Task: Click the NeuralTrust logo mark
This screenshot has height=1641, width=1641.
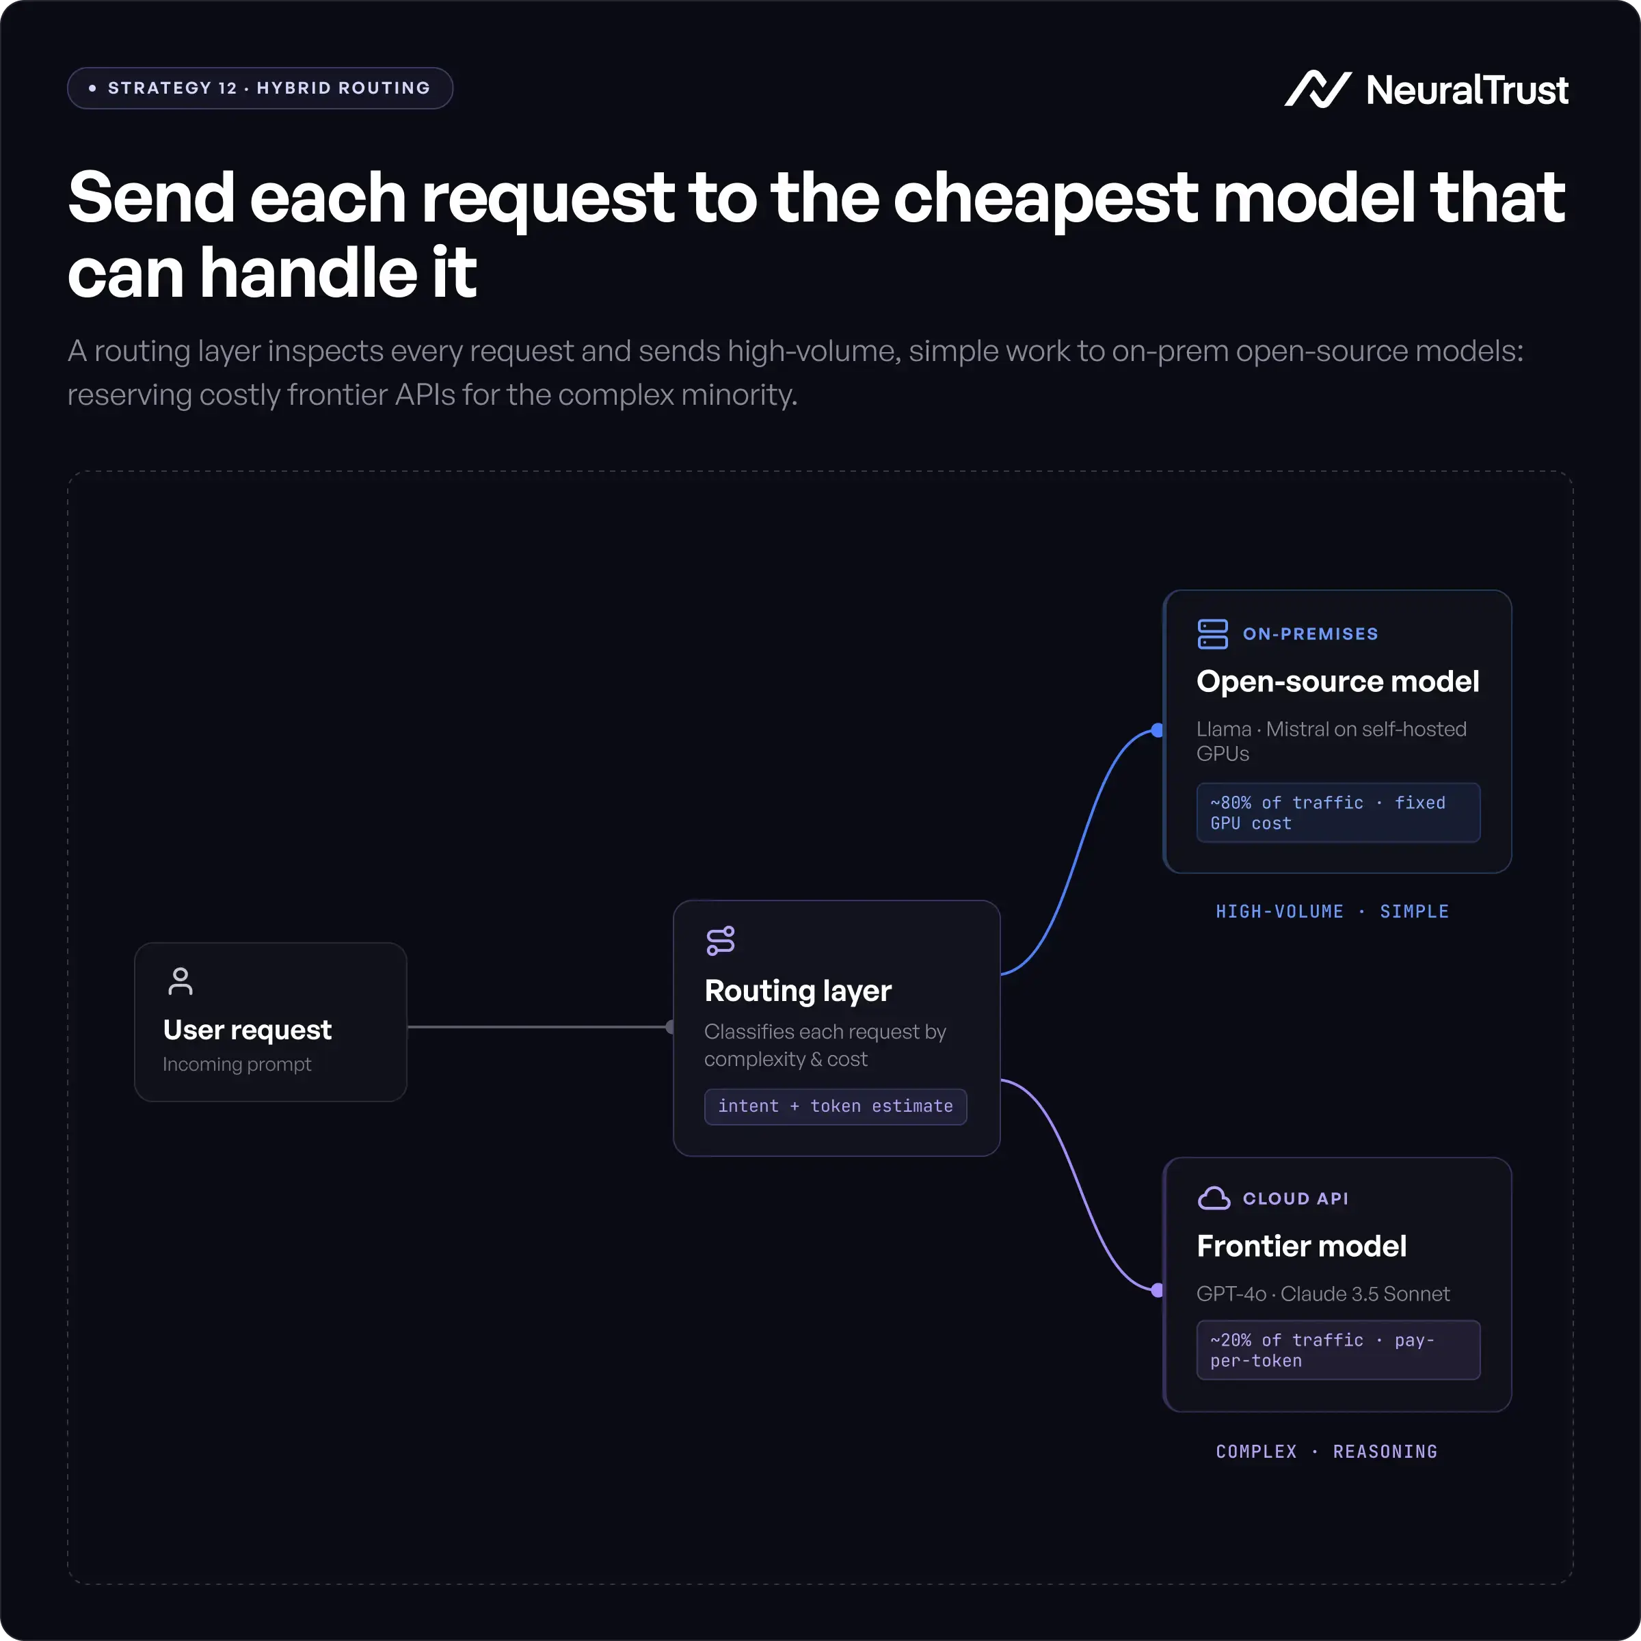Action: pyautogui.click(x=1318, y=89)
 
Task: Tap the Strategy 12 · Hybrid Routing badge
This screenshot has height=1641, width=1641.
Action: pyautogui.click(x=260, y=88)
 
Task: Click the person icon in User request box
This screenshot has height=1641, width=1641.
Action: pyautogui.click(x=180, y=981)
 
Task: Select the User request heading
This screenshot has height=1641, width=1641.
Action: pyautogui.click(x=247, y=1030)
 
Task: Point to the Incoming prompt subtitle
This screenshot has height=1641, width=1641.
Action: pyautogui.click(x=237, y=1065)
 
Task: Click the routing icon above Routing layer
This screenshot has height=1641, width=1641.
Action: pyautogui.click(x=720, y=941)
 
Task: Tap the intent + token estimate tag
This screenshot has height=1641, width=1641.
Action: pyautogui.click(x=836, y=1106)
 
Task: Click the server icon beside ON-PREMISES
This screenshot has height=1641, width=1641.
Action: pyautogui.click(x=1213, y=634)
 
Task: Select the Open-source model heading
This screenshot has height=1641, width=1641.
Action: pyautogui.click(x=1338, y=681)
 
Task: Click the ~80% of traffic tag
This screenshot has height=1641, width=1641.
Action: pyautogui.click(x=1339, y=813)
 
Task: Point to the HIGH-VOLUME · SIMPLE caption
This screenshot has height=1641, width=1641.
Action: pyautogui.click(x=1332, y=911)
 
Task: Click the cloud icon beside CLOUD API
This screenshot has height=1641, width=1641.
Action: pyautogui.click(x=1214, y=1199)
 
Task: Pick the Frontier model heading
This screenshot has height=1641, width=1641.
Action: pyautogui.click(x=1302, y=1246)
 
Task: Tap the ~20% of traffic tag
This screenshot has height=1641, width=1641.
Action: pyautogui.click(x=1339, y=1350)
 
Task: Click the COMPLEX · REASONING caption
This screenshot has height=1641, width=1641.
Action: pyautogui.click(x=1326, y=1452)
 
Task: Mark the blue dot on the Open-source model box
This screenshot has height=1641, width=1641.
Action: pyautogui.click(x=1158, y=730)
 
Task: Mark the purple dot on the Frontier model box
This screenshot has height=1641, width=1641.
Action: pyautogui.click(x=1158, y=1290)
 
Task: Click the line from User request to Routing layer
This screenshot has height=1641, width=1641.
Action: pyautogui.click(x=540, y=1027)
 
